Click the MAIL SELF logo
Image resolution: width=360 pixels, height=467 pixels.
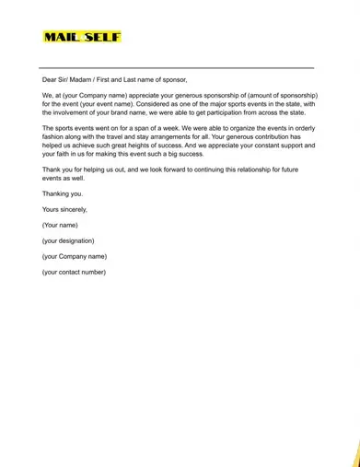tap(81, 38)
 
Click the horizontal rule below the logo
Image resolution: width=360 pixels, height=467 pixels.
tap(176, 67)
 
